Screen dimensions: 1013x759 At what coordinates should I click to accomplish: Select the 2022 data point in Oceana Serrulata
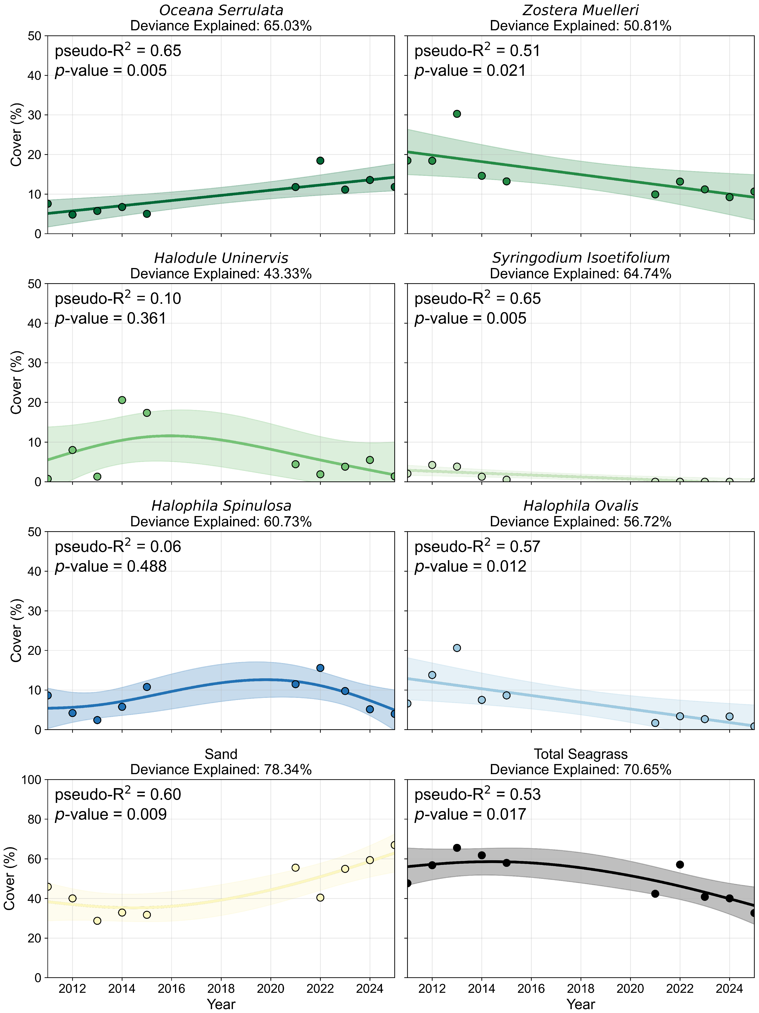(x=320, y=161)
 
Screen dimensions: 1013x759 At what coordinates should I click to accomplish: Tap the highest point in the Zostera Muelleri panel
(x=457, y=114)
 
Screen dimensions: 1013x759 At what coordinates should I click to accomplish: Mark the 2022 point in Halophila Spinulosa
(x=320, y=668)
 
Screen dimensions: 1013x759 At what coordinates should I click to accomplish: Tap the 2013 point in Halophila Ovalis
(x=457, y=648)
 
